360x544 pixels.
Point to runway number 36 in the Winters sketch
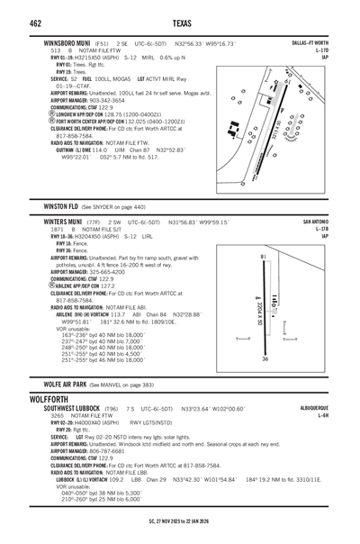264,358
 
